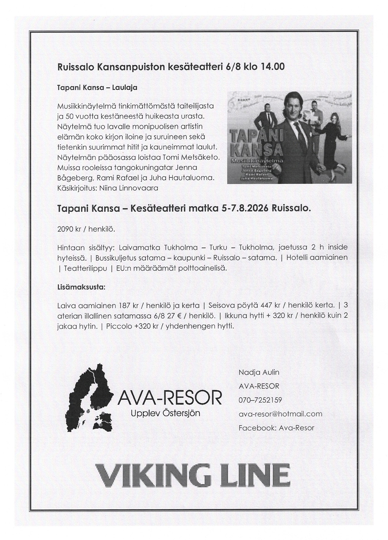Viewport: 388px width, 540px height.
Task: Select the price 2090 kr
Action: point(69,229)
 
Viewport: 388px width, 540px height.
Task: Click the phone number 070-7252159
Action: point(260,400)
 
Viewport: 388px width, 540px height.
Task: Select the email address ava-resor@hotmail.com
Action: point(280,414)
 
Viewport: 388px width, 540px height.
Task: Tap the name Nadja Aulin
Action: point(259,372)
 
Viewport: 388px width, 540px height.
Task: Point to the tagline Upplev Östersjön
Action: point(165,413)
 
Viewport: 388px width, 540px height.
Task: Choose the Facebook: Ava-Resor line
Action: point(276,428)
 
